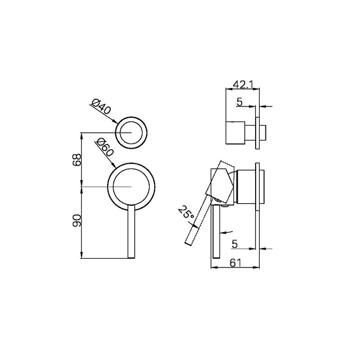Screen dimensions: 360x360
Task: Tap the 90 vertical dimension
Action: [x=76, y=221]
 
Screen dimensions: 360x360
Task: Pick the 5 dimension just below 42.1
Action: [x=239, y=102]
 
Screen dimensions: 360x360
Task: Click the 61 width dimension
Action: [x=236, y=263]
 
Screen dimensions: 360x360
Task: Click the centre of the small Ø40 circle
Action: [x=132, y=132]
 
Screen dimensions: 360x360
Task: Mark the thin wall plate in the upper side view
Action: [x=257, y=126]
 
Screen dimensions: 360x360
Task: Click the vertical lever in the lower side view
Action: [x=217, y=231]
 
